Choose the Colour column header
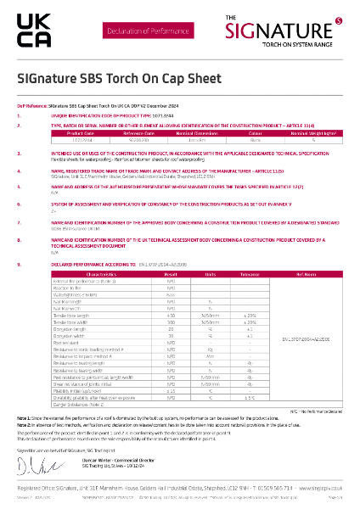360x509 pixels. coord(254,133)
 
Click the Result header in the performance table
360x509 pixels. coord(170,275)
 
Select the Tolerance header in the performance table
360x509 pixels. coord(250,275)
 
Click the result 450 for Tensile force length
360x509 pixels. coord(170,315)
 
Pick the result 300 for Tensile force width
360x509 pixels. coord(170,322)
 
